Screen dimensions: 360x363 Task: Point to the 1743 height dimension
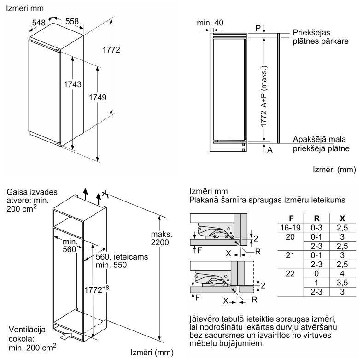coord(72,84)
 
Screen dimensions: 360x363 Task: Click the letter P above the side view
coord(258,28)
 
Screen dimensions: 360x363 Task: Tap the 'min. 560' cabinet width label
coord(70,246)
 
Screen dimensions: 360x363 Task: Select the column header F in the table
coord(291,218)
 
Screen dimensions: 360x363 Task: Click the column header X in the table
coord(341,218)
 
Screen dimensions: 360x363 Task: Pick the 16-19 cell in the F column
coord(291,228)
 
